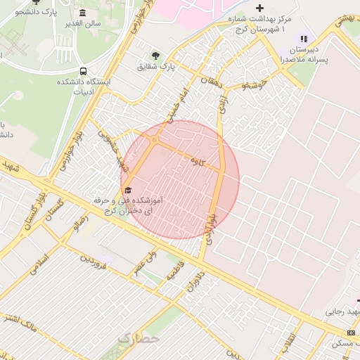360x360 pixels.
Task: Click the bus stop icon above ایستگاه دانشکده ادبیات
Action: (84, 71)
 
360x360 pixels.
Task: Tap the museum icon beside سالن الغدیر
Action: (83, 13)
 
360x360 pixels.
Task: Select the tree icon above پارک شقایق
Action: (155, 55)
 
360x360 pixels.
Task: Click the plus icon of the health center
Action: (259, 8)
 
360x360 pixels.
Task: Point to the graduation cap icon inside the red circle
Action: (128, 191)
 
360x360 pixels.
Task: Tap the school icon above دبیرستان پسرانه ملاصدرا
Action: (304, 39)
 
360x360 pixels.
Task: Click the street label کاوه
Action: (198, 161)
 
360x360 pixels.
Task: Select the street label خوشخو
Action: (254, 85)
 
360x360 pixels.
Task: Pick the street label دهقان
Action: (209, 81)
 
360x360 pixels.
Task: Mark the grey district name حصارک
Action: (139, 338)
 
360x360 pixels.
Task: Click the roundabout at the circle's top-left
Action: (154, 140)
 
